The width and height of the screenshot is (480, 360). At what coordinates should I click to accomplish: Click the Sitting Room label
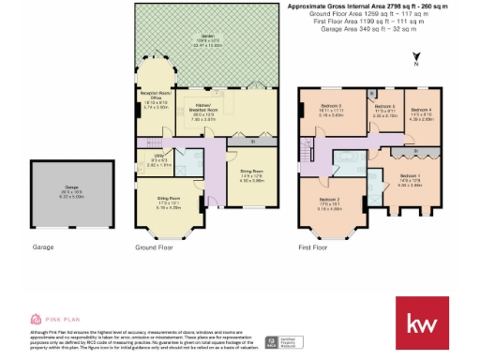coord(168,203)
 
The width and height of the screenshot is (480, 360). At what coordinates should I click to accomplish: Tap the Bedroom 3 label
coord(326,107)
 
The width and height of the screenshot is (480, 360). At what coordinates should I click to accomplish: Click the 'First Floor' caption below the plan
coord(313,247)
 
